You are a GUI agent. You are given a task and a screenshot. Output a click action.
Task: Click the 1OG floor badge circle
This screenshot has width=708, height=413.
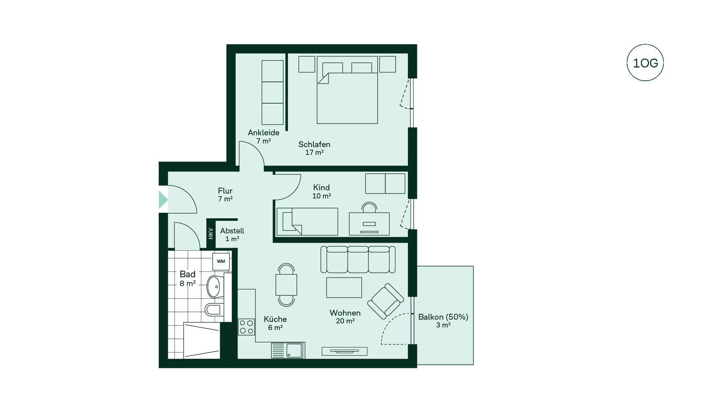tap(645, 45)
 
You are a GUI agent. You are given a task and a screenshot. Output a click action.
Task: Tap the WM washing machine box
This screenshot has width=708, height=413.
tap(221, 261)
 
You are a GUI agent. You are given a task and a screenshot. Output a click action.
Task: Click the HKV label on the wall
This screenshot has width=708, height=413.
tap(211, 233)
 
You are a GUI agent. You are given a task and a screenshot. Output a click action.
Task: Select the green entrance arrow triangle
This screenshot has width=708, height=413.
tap(163, 200)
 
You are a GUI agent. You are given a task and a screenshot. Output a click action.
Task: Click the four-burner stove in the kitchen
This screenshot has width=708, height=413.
tap(247, 327)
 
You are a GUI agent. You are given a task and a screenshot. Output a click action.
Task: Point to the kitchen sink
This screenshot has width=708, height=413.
tap(288, 350)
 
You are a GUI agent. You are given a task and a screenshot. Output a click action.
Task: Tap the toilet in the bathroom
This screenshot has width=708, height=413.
tap(214, 309)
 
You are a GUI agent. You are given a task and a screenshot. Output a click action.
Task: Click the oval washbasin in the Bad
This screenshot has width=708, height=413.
tap(214, 287)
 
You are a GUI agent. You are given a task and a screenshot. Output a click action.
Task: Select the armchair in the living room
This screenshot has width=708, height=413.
tap(385, 301)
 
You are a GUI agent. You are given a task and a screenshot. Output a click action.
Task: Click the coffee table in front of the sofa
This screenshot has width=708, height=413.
tap(344, 288)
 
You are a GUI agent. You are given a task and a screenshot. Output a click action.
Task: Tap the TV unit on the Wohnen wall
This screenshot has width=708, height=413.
tap(344, 351)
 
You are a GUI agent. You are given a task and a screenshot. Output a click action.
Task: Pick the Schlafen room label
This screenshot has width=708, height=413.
tap(314, 144)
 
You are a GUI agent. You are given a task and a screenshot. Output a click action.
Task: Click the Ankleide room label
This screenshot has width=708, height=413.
tap(263, 132)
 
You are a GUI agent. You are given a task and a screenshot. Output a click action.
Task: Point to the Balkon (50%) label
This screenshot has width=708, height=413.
tap(443, 317)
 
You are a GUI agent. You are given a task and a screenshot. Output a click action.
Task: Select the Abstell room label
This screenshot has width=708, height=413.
tap(232, 231)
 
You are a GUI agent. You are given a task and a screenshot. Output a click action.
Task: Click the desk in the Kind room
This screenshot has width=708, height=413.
tap(369, 224)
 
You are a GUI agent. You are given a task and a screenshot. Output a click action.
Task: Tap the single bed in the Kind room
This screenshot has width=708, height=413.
tap(307, 222)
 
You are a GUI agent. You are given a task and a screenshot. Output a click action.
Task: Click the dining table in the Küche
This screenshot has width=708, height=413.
tap(286, 285)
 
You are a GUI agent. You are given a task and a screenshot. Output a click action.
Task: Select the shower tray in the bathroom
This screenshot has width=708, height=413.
tap(202, 340)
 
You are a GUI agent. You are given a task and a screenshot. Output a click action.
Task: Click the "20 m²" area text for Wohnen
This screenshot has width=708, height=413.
tap(345, 321)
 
